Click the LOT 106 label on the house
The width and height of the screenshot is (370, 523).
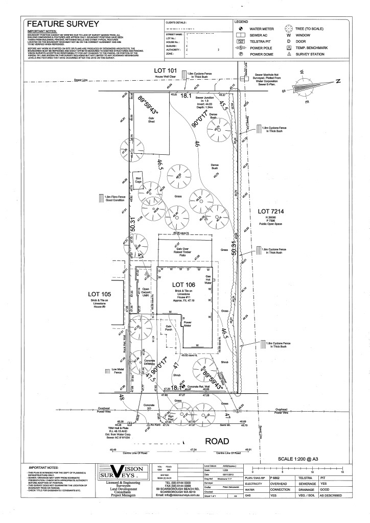coord(183,284)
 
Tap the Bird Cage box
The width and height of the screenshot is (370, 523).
coord(138,180)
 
